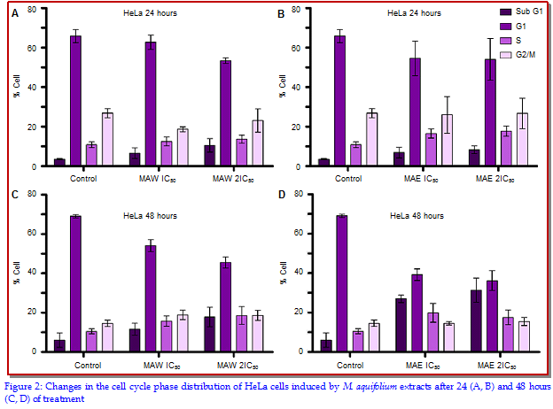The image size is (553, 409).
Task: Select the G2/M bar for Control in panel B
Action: tap(372, 139)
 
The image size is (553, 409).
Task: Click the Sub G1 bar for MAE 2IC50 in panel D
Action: tap(476, 320)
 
